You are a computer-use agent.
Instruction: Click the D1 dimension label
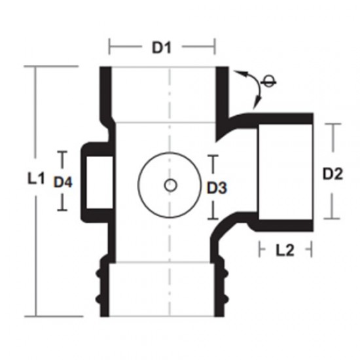click(x=162, y=48)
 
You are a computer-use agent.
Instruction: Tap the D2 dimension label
click(x=333, y=174)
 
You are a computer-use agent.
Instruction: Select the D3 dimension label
click(x=217, y=188)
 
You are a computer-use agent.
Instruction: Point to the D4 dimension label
click(x=63, y=182)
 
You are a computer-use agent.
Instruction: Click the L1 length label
click(x=36, y=178)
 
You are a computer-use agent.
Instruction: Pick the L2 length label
click(x=285, y=250)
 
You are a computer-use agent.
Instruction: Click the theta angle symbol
click(x=268, y=82)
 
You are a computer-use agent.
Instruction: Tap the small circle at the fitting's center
click(x=170, y=185)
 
